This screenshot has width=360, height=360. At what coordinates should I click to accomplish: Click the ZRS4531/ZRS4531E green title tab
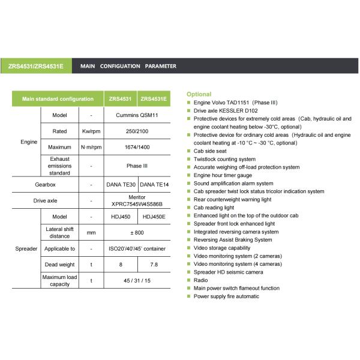(x=36, y=66)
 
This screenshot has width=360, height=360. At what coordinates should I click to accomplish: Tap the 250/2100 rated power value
(x=137, y=131)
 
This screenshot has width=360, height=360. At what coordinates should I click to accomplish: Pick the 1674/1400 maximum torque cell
(x=137, y=148)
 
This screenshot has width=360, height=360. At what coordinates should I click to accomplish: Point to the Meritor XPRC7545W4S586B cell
(x=137, y=200)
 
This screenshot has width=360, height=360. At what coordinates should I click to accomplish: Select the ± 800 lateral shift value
(x=137, y=232)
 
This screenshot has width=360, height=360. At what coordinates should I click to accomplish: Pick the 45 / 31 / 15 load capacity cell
(x=137, y=280)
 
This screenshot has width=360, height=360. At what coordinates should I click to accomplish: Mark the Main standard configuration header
(x=58, y=98)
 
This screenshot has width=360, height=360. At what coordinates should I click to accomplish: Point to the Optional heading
(x=199, y=94)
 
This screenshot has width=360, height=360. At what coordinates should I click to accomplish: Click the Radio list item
(x=200, y=280)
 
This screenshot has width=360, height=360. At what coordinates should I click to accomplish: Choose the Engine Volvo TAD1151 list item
(x=233, y=103)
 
